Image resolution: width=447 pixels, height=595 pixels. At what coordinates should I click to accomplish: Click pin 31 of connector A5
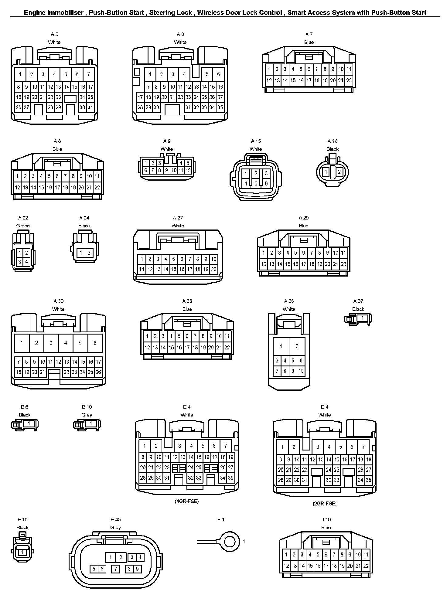click(90, 107)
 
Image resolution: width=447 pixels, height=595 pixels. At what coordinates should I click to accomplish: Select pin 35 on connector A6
click(220, 107)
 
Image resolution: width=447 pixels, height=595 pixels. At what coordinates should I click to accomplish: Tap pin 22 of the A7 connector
click(349, 80)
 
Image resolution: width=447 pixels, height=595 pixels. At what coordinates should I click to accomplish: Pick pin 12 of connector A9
click(188, 171)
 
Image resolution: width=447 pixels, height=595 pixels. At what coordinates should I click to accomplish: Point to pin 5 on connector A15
click(256, 183)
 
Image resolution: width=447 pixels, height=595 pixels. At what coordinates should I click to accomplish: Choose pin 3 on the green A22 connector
click(20, 262)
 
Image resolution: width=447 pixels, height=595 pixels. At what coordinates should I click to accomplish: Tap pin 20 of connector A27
click(214, 269)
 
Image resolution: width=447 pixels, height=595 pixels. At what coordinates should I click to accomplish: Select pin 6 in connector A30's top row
click(95, 343)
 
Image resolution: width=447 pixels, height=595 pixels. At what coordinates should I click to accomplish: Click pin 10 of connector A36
click(301, 371)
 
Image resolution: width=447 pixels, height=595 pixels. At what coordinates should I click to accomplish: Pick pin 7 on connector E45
click(115, 569)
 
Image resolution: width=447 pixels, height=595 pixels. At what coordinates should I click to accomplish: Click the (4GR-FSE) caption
click(186, 501)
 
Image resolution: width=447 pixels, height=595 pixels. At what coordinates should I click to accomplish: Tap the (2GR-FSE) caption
click(324, 503)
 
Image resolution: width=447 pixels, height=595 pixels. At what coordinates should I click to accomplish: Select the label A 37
click(358, 301)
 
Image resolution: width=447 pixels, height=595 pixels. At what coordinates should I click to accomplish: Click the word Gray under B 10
click(87, 415)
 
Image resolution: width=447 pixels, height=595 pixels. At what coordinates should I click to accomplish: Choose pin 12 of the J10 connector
click(286, 566)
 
